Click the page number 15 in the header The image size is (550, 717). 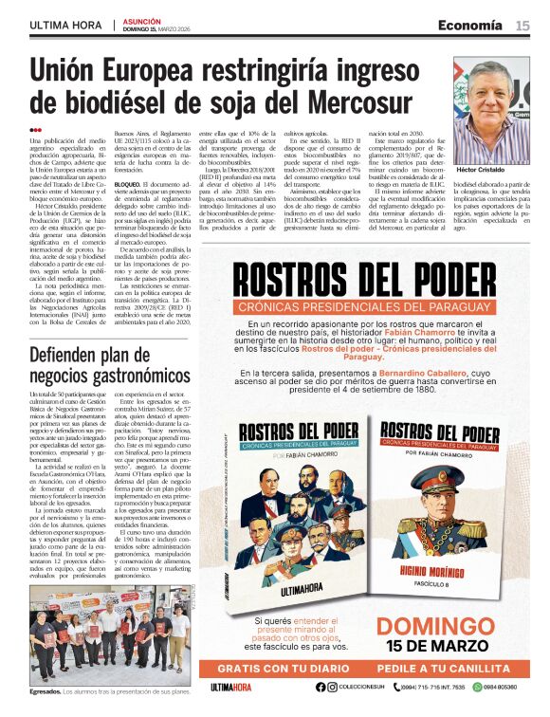pyautogui.click(x=522, y=26)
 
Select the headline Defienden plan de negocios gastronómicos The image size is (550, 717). pyautogui.click(x=109, y=365)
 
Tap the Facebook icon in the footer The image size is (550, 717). pyautogui.click(x=319, y=687)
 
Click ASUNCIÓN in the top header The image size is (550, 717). pyautogui.click(x=143, y=21)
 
